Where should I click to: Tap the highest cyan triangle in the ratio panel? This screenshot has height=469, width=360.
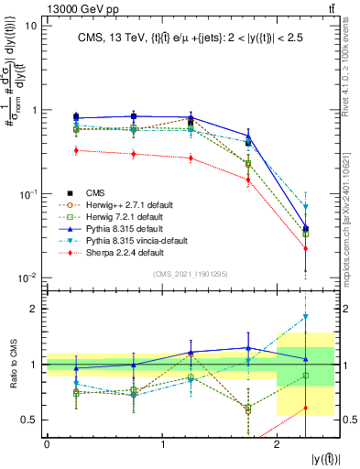pos(306,317)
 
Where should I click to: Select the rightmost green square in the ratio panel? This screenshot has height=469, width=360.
pos(306,376)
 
